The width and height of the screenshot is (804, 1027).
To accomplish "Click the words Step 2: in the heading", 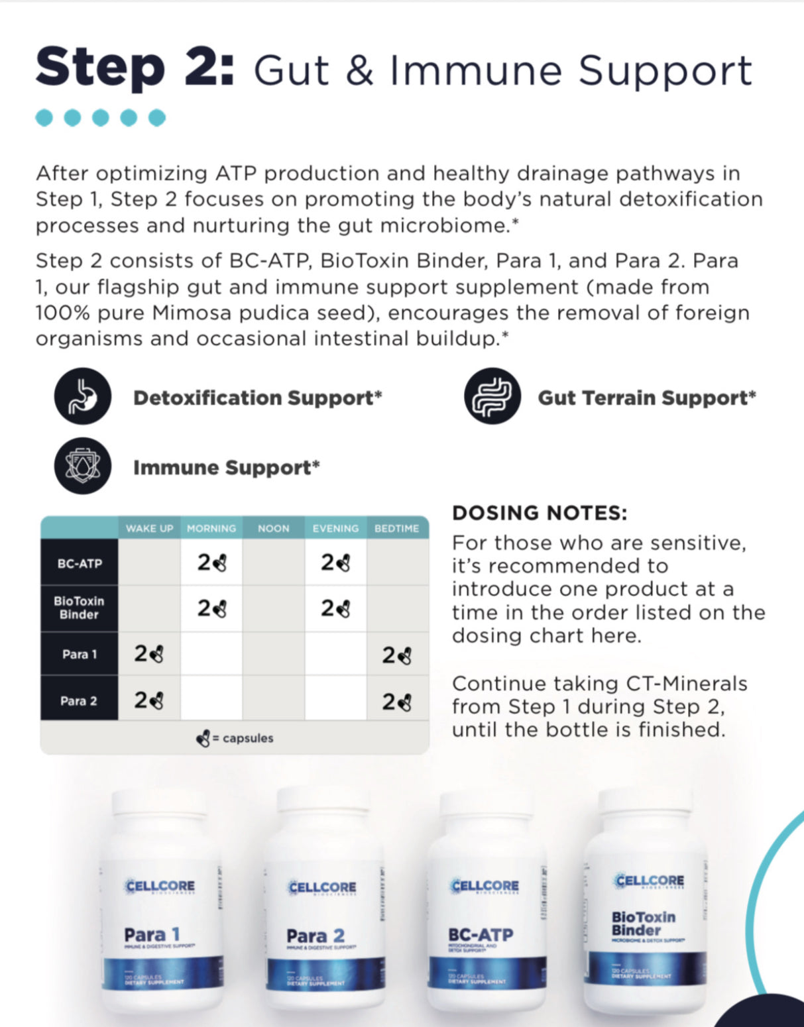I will point(135,68).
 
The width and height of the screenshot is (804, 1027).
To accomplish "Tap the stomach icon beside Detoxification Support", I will point(82,396).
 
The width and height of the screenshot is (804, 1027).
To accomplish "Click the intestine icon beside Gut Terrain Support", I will point(492,396).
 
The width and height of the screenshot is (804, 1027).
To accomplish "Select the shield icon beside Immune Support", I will point(82,466).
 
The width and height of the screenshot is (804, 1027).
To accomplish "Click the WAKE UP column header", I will point(149,528).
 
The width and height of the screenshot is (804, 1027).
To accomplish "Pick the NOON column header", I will point(273,528).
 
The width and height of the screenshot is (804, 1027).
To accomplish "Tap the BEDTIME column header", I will point(396,528).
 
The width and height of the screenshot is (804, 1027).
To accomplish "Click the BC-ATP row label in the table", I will point(80,563).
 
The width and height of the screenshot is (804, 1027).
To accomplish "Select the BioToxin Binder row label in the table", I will point(80,608).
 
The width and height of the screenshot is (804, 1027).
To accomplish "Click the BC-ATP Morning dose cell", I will point(211,563).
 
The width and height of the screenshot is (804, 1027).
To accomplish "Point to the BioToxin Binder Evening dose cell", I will point(335,608).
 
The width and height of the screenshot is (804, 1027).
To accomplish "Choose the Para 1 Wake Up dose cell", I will point(149,654).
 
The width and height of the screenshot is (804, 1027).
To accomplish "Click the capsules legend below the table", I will point(235,737).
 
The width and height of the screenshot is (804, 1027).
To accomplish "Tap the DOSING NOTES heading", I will point(539,513).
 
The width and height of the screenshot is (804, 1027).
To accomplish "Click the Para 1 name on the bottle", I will point(152,934).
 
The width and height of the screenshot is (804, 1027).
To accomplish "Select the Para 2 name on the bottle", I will point(316,936).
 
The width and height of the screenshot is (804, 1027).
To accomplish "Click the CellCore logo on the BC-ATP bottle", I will point(485,886).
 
